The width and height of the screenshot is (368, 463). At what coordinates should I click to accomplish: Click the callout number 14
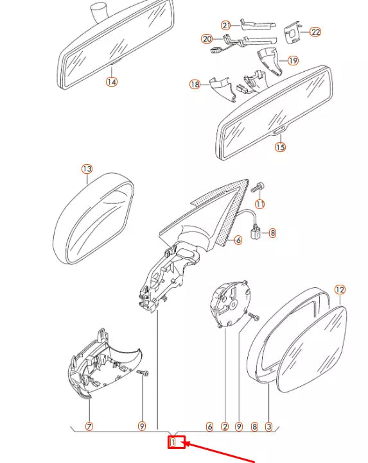tap(112, 81)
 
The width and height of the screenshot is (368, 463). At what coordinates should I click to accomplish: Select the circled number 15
tap(280, 147)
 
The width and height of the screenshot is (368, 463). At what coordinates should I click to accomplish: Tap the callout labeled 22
tap(315, 31)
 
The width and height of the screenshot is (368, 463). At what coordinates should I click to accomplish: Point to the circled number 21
tap(226, 26)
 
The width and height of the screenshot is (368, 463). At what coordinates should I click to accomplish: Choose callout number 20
tap(207, 38)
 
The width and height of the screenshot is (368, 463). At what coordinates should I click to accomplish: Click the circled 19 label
tap(293, 60)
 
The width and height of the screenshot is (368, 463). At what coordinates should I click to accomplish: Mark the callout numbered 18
tap(195, 85)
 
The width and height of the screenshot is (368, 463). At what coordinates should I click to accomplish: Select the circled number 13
tap(87, 169)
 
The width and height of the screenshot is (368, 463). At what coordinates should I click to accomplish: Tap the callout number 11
tap(259, 204)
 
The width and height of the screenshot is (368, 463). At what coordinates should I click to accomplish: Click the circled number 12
tap(340, 290)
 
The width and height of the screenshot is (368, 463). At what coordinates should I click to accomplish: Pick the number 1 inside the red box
tap(173, 442)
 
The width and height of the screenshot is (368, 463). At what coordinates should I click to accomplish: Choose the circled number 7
tap(89, 426)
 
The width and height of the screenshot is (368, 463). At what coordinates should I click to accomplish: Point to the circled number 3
tap(268, 426)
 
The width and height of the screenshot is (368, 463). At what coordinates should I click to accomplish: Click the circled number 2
tap(225, 426)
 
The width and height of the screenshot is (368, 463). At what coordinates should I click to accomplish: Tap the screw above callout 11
tap(258, 187)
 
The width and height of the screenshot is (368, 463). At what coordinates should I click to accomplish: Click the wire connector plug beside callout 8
tap(256, 233)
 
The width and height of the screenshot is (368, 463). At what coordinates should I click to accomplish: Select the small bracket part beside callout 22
tap(292, 32)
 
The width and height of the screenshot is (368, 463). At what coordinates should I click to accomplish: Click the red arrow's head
tap(188, 444)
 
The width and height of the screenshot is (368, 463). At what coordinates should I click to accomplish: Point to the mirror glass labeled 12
tap(312, 349)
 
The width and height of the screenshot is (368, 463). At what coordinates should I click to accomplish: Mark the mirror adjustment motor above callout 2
tap(230, 303)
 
